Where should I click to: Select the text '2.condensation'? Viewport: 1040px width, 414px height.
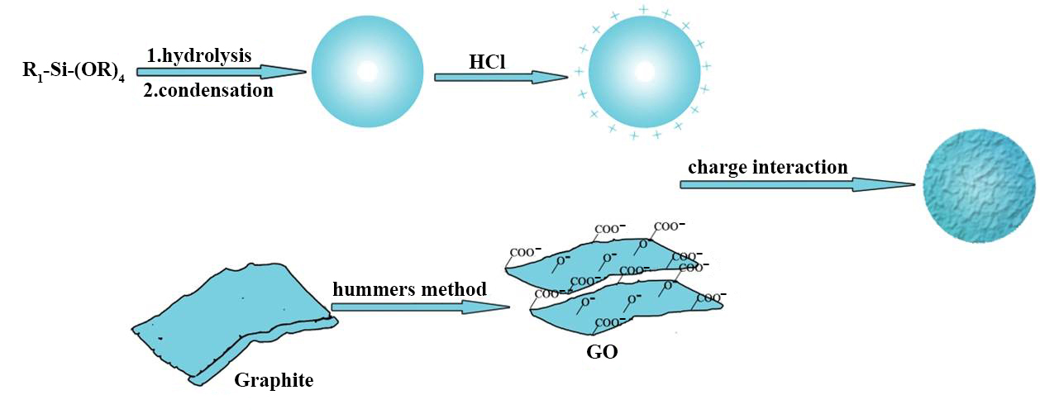(x=208, y=90)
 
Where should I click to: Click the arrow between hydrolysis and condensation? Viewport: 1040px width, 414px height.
(x=220, y=72)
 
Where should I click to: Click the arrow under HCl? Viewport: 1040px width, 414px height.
(x=501, y=77)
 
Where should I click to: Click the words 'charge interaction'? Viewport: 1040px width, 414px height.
(x=768, y=167)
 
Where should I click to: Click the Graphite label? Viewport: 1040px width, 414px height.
(x=274, y=381)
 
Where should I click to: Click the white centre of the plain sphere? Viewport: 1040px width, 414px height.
(x=366, y=72)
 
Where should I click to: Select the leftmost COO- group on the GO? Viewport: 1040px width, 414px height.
(x=525, y=252)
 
